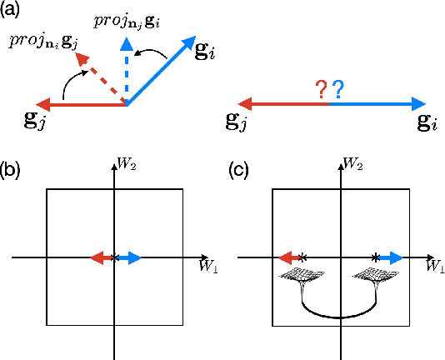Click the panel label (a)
pos(13,11)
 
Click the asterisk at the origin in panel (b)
pos(115,257)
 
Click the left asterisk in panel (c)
pos(303,257)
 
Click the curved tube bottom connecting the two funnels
pos(337,316)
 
